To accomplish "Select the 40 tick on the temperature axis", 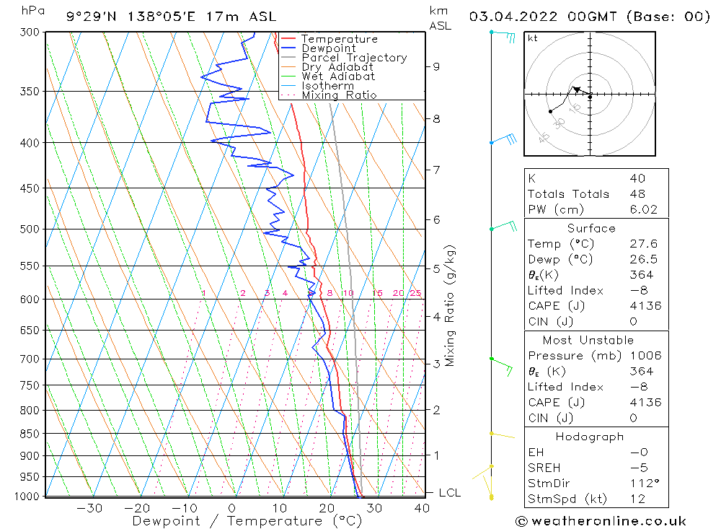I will (422, 508).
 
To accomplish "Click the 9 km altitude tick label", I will (436, 66).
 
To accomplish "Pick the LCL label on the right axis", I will (450, 493).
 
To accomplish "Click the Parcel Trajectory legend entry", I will (354, 58).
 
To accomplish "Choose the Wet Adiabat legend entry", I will (338, 76).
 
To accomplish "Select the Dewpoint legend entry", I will (329, 48).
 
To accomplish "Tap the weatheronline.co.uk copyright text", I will (601, 521).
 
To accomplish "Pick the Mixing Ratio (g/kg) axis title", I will (451, 305).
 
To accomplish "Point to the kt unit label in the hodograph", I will (532, 38).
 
